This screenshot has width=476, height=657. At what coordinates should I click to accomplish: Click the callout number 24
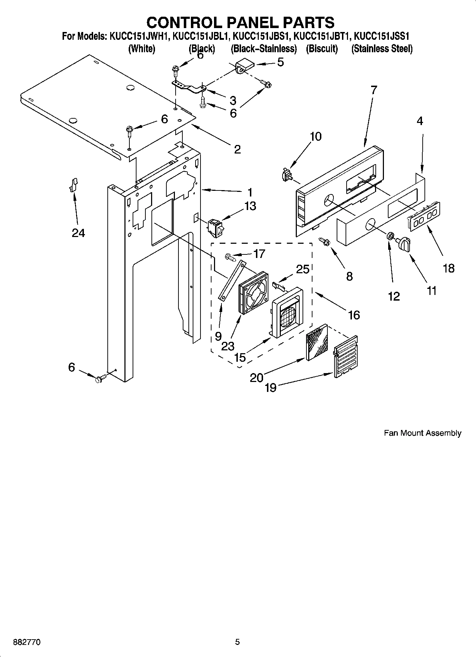(78, 233)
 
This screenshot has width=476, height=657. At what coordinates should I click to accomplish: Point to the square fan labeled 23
(253, 292)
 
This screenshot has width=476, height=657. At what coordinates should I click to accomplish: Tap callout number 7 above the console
(373, 90)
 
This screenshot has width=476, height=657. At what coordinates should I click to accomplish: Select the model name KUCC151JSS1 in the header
(382, 36)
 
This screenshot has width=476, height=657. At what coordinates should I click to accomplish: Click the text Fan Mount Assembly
(422, 433)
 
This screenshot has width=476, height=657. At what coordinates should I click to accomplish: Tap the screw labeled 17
(230, 257)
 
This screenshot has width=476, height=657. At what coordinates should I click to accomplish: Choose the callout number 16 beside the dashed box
(354, 315)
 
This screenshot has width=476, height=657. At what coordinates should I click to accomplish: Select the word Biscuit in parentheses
(322, 49)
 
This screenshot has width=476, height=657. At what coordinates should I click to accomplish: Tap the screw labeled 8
(325, 242)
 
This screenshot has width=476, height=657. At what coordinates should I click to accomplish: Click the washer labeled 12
(390, 236)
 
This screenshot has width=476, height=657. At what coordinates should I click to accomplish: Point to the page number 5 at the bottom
(237, 642)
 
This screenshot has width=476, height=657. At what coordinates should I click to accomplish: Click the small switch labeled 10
(285, 175)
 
